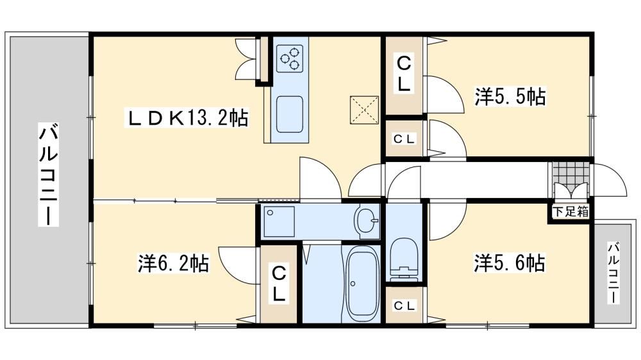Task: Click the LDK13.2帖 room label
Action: [188, 119]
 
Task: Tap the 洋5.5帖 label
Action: [510, 97]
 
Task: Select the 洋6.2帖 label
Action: [174, 263]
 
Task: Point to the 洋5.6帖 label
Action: [510, 263]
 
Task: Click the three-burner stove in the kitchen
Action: [290, 58]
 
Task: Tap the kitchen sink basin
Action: [290, 115]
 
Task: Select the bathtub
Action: [362, 284]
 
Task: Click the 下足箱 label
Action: [570, 211]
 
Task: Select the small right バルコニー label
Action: [613, 274]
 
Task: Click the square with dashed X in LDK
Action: [364, 110]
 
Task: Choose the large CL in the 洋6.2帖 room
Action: [279, 284]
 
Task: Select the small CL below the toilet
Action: [404, 306]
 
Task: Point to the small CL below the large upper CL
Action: [404, 139]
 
